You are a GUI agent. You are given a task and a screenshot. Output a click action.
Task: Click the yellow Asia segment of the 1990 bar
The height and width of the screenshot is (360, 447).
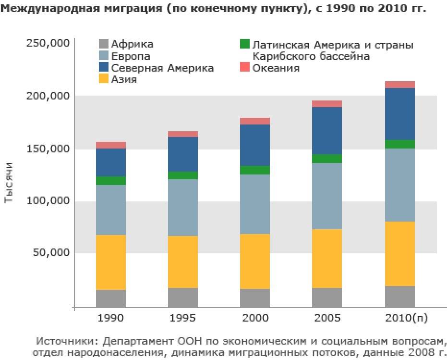111,262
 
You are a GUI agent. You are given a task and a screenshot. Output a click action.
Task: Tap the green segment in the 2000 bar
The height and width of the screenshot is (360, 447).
255,170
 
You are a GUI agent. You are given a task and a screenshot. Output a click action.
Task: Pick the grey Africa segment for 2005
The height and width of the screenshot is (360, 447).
327,297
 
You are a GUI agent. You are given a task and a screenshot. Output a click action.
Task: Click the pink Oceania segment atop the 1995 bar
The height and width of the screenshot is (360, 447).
183,134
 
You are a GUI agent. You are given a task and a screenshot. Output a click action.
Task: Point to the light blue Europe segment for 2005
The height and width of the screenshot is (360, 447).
327,196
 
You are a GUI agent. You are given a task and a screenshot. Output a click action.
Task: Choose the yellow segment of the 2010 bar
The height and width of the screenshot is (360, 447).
400,253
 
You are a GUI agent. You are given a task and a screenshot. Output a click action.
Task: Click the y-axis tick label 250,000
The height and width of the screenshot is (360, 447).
47,44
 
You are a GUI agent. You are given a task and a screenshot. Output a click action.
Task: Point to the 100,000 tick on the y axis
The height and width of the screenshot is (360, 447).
47,201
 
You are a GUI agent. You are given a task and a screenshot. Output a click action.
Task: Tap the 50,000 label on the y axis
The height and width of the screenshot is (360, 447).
49,253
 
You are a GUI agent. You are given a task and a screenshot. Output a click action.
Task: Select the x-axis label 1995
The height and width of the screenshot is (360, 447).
182,318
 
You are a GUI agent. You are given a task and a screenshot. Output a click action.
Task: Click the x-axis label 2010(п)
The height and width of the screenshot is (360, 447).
400,318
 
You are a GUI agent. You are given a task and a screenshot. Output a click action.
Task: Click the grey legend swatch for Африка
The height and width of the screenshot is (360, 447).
103,45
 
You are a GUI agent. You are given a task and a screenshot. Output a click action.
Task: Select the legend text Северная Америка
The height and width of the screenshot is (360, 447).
163,68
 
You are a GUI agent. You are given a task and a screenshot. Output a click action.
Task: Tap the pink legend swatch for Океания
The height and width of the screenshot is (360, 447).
245,68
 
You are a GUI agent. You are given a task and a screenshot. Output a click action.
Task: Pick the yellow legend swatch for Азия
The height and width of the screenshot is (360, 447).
103,79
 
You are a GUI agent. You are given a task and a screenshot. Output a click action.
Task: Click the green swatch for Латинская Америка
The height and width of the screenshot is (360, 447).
245,45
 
